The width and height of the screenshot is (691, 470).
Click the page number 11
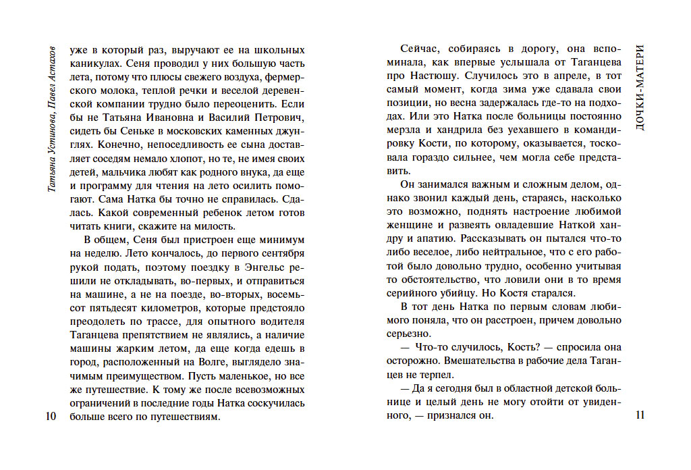pyautogui.click(x=640, y=415)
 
